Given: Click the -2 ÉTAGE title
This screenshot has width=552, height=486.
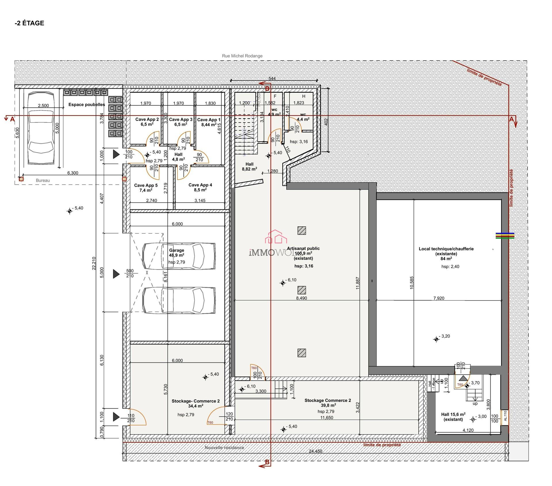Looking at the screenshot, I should click(x=29, y=23).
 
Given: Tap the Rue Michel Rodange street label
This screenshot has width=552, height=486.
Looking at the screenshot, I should click(x=242, y=56).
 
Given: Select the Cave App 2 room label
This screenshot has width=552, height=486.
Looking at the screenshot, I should click(x=147, y=119).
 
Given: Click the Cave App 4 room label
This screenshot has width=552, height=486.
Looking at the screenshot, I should click(x=200, y=185).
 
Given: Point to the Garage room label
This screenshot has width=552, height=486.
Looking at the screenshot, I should click(x=177, y=250).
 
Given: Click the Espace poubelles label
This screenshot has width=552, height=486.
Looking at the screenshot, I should click(x=87, y=105).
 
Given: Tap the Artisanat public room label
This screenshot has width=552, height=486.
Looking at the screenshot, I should click(x=303, y=249).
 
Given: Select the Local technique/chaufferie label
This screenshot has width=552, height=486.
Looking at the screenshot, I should click(x=446, y=249).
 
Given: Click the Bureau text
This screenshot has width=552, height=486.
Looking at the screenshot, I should click(x=43, y=181).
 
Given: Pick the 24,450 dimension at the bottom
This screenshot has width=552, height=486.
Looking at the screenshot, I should click(x=315, y=451).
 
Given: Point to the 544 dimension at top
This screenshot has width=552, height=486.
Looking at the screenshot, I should click(x=272, y=79).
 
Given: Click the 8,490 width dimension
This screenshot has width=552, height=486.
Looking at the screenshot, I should click(x=302, y=298).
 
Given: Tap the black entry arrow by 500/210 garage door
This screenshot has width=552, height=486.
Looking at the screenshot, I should click(x=116, y=274).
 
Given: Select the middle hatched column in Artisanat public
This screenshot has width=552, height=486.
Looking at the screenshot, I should click(x=302, y=290).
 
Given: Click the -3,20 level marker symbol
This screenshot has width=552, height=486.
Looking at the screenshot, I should click(x=436, y=340).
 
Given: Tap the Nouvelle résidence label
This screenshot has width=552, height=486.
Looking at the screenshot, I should click(x=224, y=448).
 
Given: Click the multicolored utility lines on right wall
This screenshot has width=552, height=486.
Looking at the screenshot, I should click(x=505, y=236).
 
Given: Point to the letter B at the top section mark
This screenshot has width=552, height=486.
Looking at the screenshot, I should click(x=267, y=89).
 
